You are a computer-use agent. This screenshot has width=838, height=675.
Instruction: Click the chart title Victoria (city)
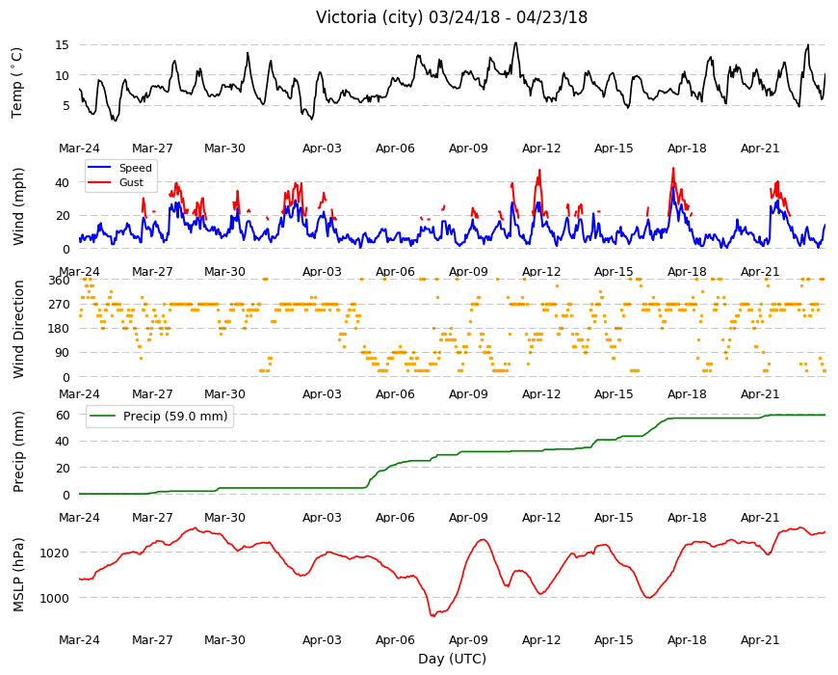[373, 17]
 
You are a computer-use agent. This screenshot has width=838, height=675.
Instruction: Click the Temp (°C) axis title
[17, 82]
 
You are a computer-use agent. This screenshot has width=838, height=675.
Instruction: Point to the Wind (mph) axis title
[18, 206]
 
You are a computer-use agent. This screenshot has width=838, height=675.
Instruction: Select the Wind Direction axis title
[18, 329]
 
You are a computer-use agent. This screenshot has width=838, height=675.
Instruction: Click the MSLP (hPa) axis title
[18, 574]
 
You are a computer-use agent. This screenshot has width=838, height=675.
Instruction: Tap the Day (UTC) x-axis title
[452, 659]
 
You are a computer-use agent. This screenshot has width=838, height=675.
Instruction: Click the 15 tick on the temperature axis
[62, 45]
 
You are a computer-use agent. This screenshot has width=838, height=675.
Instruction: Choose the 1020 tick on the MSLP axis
[55, 553]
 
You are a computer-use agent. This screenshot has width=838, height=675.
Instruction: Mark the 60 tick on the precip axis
[63, 415]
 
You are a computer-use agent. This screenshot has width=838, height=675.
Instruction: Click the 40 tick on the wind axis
[62, 182]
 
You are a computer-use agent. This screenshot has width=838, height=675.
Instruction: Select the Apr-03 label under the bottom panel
[322, 640]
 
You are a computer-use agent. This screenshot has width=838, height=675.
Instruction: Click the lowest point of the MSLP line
[432, 616]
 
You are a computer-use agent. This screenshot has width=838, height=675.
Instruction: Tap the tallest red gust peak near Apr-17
[673, 168]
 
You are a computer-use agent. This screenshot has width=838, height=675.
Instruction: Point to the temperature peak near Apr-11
[515, 42]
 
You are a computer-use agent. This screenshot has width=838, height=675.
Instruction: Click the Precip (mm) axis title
[18, 452]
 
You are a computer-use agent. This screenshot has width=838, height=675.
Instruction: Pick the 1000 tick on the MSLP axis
[55, 598]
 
